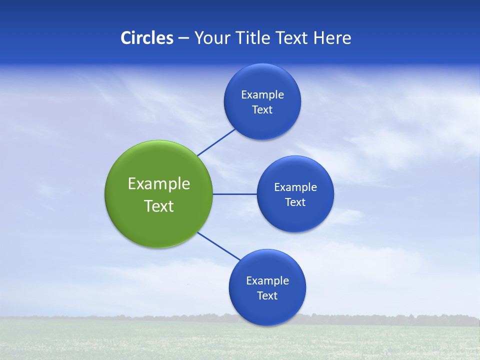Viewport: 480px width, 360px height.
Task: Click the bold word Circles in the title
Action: (x=147, y=38)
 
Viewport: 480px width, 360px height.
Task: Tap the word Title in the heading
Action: (x=255, y=38)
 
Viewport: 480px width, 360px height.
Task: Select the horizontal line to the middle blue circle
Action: (x=234, y=194)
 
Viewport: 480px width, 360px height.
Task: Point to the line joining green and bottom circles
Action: (x=218, y=246)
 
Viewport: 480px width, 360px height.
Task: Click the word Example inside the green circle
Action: (x=159, y=184)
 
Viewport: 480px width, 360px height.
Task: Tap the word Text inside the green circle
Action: (x=159, y=206)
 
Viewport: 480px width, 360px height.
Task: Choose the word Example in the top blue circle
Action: (x=262, y=95)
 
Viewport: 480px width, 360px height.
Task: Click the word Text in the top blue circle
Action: (x=262, y=110)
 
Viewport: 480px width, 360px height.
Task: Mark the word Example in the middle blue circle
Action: (x=295, y=187)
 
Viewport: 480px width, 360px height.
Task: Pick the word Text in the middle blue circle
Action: (x=295, y=202)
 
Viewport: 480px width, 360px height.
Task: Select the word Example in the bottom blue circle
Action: (x=267, y=281)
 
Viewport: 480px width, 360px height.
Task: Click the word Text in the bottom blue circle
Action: (x=267, y=296)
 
